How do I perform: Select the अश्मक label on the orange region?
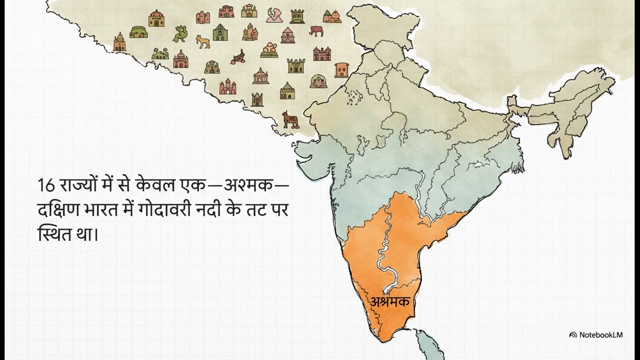tap(390, 301)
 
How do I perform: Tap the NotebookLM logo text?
tap(600, 334)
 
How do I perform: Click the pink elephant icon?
tap(316, 31)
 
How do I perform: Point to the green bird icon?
tap(179, 34)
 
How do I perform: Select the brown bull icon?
tap(289, 119)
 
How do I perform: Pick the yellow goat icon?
tap(203, 41)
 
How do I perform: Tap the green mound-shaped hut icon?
tap(138, 32)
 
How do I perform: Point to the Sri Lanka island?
tap(428, 345)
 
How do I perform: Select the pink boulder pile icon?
tap(269, 49)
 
